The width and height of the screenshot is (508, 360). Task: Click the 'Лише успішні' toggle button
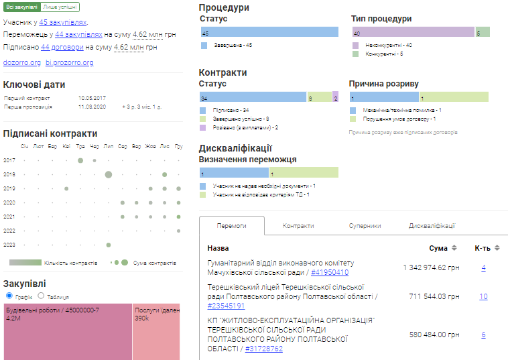click(x=60, y=7)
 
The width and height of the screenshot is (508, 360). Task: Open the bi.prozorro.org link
click(x=69, y=62)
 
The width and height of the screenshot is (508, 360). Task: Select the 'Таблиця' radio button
click(x=41, y=296)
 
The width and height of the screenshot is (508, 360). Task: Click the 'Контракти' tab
click(x=298, y=226)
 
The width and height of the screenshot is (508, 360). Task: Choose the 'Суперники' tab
click(x=365, y=226)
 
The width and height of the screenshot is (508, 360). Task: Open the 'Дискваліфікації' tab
click(x=432, y=226)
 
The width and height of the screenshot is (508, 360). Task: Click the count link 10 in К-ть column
click(x=483, y=296)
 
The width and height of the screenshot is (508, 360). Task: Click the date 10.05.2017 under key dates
click(x=92, y=98)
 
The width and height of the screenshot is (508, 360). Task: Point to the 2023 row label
click(x=9, y=245)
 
